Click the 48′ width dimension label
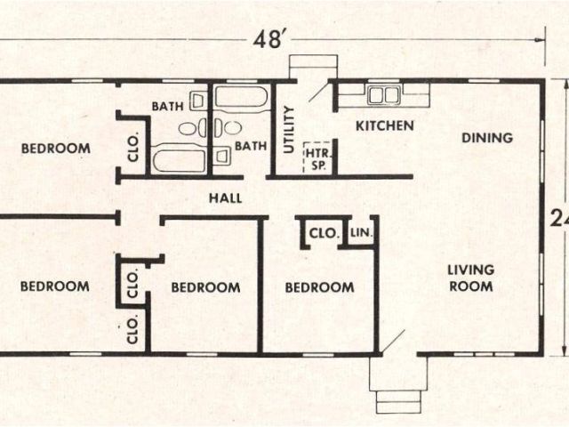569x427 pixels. (x=268, y=39)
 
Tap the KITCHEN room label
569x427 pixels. (x=385, y=126)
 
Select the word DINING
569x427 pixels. (x=487, y=138)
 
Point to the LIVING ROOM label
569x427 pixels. (x=470, y=278)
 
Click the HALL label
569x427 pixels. (x=225, y=198)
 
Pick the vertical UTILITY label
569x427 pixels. (x=288, y=130)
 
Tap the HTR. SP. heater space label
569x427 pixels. (x=318, y=159)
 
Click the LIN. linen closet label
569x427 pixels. (x=362, y=232)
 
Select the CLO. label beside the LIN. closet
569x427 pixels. (x=324, y=233)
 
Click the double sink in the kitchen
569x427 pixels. (x=384, y=95)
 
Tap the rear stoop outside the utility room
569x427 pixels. (x=313, y=67)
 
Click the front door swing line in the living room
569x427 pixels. (x=393, y=342)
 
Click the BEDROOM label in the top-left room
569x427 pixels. (x=56, y=149)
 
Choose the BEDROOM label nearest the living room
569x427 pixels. (x=319, y=287)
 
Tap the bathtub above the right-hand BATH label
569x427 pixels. (x=241, y=97)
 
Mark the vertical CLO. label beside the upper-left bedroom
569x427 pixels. (x=133, y=149)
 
